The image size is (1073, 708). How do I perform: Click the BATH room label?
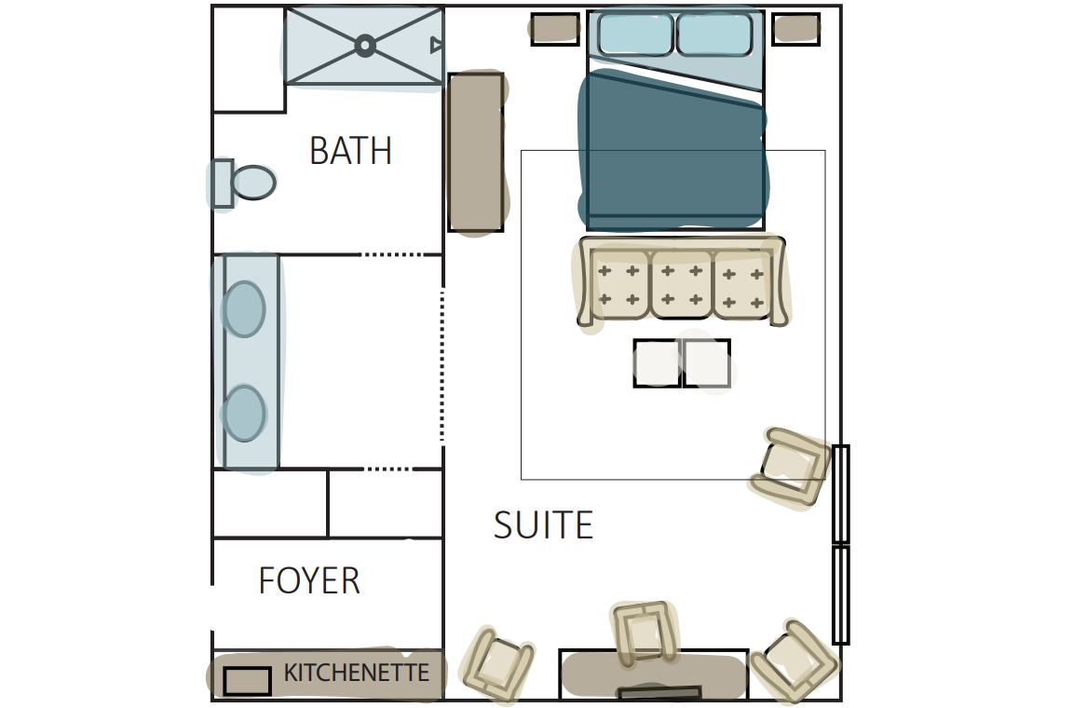point(350,151)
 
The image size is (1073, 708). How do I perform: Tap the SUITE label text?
point(543,525)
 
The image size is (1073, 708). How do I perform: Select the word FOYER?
point(309,580)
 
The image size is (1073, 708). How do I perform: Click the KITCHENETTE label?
point(357,673)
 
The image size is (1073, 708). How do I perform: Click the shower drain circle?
point(365,46)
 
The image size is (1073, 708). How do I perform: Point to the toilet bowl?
point(253,183)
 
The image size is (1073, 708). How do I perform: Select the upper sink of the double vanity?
point(244,308)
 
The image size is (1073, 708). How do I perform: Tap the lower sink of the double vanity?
point(244,413)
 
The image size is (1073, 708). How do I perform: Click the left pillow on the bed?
point(636,34)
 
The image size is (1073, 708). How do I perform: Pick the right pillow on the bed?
point(714,34)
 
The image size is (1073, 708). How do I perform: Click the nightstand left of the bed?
point(555,30)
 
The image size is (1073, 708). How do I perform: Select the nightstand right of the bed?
point(795,30)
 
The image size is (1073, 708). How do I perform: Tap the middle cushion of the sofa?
point(682,283)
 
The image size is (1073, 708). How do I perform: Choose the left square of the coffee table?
point(657,363)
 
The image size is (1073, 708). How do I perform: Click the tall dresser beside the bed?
point(476,152)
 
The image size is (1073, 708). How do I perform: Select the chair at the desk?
point(645,633)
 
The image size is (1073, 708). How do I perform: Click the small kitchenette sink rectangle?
point(247,681)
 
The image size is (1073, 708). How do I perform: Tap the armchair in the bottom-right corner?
point(794,660)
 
